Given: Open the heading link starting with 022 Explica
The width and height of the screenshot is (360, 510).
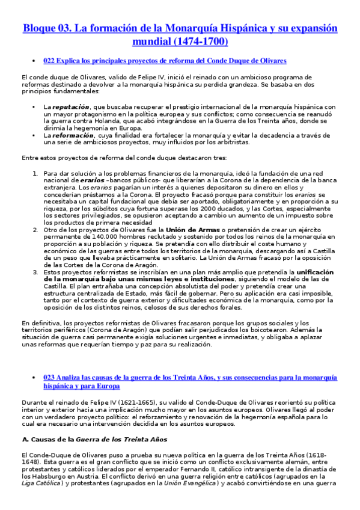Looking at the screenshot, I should (x=165, y=61).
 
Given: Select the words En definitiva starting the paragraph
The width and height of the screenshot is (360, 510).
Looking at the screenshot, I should (x=40, y=323).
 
